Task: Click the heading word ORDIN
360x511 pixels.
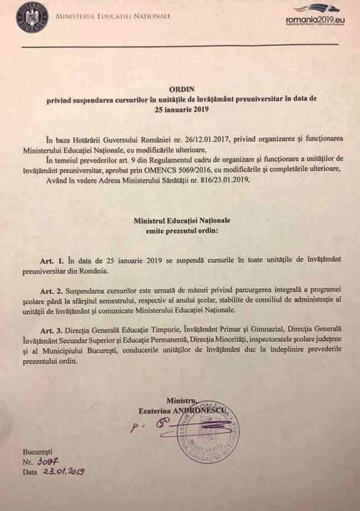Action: point(182,89)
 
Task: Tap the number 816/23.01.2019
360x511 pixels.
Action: point(219,180)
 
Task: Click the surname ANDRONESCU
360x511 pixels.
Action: point(206,410)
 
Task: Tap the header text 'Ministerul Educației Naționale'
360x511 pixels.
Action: point(113,16)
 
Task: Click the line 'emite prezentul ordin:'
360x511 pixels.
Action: point(181,231)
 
